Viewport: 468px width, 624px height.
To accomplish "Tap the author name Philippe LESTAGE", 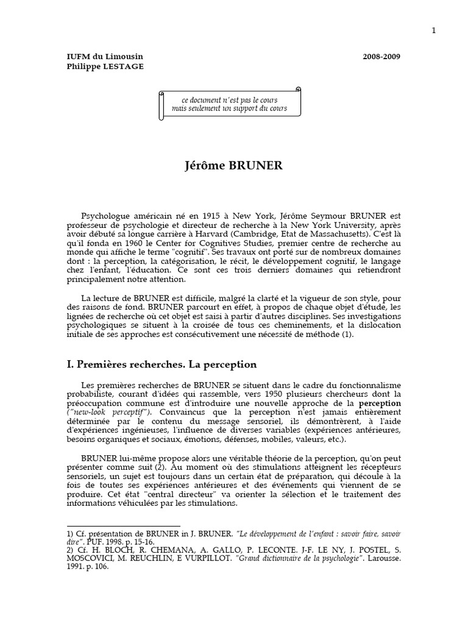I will (x=105, y=66).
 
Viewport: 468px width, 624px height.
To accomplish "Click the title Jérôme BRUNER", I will (x=233, y=166).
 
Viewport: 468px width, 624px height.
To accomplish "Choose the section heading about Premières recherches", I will (x=161, y=364).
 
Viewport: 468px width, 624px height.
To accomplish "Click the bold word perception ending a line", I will (x=379, y=403).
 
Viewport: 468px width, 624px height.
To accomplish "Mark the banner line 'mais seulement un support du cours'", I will (x=234, y=108).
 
